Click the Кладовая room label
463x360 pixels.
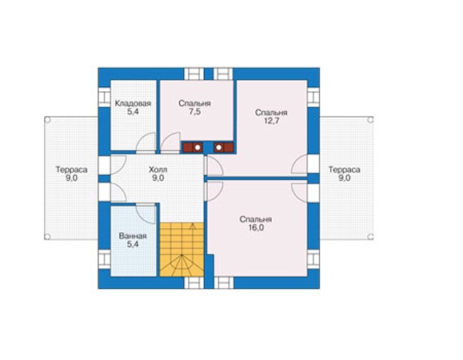(133, 104)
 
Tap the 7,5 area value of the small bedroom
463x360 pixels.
(194, 112)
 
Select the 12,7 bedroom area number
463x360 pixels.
(271, 121)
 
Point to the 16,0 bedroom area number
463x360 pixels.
(256, 228)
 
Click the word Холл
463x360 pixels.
(158, 170)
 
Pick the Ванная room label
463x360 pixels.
(133, 236)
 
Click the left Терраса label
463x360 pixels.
(71, 170)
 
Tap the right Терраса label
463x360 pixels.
(345, 170)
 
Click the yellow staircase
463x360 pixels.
(182, 250)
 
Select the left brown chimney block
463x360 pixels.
(192, 147)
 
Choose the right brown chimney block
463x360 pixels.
(224, 147)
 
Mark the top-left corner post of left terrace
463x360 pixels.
(47, 120)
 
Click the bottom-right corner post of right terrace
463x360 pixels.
(370, 237)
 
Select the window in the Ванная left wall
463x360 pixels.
(104, 259)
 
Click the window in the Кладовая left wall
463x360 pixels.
(104, 97)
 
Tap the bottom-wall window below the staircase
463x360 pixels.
(194, 282)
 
